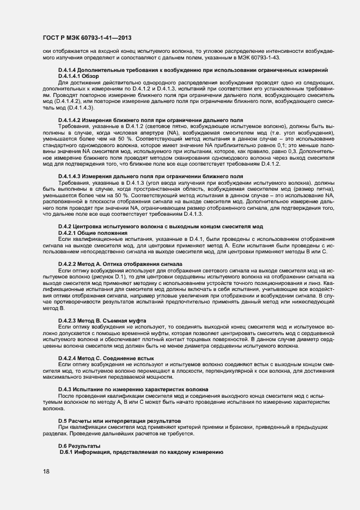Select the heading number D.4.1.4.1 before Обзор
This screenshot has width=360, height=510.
pos(72,76)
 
